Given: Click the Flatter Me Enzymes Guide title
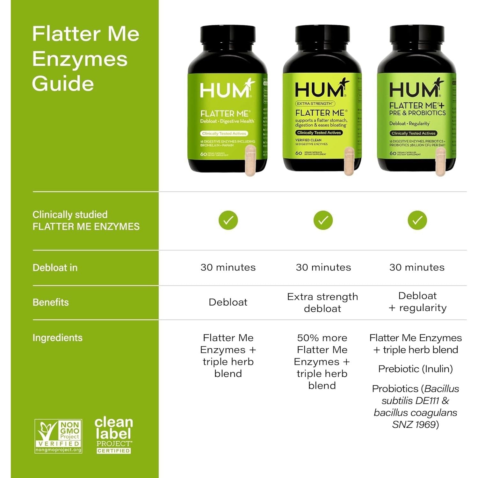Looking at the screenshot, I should tap(85, 59).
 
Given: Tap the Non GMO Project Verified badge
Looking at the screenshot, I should tap(58, 436).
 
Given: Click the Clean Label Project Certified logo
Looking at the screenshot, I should tap(114, 435).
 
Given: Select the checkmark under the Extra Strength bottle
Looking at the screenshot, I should tap(323, 220).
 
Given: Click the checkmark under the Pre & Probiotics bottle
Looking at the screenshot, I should tap(417, 220).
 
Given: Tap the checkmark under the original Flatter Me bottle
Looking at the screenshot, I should tap(228, 220).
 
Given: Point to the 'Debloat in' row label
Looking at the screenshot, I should tap(55, 268).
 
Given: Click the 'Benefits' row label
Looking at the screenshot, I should tap(51, 302).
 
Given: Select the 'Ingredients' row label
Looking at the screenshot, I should tap(57, 338).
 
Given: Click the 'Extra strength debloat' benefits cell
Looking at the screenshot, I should tap(322, 302).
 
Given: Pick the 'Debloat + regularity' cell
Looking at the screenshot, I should tap(417, 301).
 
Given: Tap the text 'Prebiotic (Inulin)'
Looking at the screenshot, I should tap(416, 369).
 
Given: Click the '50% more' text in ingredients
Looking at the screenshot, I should tap(322, 338).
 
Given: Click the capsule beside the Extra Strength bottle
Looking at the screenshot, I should tap(349, 161).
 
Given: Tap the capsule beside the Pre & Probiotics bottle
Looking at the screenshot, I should tap(441, 162).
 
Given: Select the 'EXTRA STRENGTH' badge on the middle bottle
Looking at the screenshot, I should tap(315, 104).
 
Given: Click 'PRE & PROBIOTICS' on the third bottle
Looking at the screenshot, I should tap(417, 113).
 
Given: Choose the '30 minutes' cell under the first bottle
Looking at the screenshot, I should tap(228, 267).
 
